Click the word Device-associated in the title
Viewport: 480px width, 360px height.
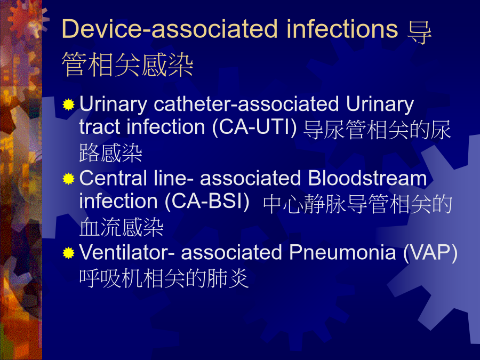click(170, 29)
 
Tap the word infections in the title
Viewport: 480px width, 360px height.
click(342, 29)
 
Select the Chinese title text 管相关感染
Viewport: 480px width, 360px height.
click(127, 65)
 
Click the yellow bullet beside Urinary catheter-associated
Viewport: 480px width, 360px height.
click(69, 105)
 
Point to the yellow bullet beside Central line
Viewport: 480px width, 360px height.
click(69, 179)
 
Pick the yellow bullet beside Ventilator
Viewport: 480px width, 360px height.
click(69, 253)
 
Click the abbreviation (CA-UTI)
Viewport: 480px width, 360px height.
click(254, 127)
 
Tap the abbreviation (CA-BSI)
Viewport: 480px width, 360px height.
click(207, 202)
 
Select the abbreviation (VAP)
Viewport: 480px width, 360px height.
click(430, 253)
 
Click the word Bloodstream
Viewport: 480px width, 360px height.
click(367, 178)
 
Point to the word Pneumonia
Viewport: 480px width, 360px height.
click(342, 253)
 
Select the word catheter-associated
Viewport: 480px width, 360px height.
click(246, 104)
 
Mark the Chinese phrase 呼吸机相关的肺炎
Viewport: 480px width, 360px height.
click(164, 278)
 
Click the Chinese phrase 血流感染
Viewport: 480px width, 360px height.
click(122, 227)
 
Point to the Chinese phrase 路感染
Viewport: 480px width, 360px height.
click(111, 153)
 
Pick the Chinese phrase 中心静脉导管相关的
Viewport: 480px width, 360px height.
click(357, 204)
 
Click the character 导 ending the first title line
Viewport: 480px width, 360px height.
click(419, 33)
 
